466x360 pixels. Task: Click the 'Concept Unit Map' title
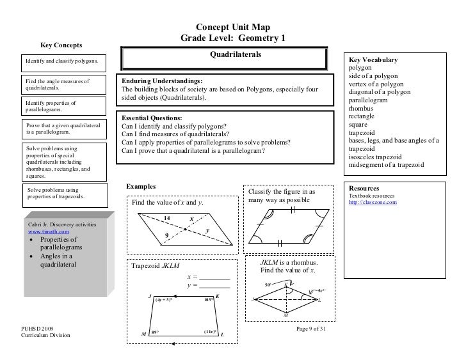[232, 27]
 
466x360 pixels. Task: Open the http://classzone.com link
[373, 203]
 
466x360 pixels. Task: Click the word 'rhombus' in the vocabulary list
[362, 109]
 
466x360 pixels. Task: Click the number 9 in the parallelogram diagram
[167, 235]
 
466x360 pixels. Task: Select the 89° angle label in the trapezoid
[155, 333]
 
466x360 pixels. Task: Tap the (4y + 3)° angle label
[164, 299]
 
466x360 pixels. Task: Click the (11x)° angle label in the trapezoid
[210, 332]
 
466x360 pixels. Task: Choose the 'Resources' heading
[364, 189]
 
